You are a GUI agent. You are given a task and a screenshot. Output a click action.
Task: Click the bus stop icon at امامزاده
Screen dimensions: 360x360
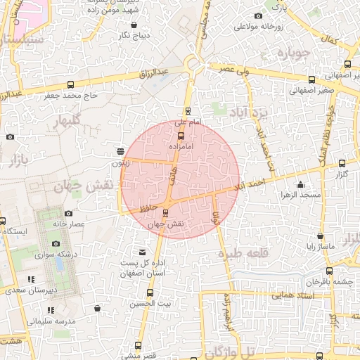pos(181,136)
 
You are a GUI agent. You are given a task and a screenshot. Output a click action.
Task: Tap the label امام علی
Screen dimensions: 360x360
pos(188,122)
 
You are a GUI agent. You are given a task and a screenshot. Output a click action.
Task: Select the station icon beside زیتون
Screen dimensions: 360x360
pos(120,151)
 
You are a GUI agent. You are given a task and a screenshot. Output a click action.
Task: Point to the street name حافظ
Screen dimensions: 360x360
pos(146,207)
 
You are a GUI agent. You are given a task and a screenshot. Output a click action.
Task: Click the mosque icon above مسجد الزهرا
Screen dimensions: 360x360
pos(301,185)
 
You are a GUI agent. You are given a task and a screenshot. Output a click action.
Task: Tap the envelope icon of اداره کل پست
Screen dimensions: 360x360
pos(143,252)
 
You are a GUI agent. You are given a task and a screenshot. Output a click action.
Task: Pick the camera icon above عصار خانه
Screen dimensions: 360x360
pos(68,213)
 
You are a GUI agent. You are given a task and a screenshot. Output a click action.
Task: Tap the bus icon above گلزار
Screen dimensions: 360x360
pos(342,163)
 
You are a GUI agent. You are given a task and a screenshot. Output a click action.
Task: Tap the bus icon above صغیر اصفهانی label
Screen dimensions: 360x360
pos(311,79)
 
